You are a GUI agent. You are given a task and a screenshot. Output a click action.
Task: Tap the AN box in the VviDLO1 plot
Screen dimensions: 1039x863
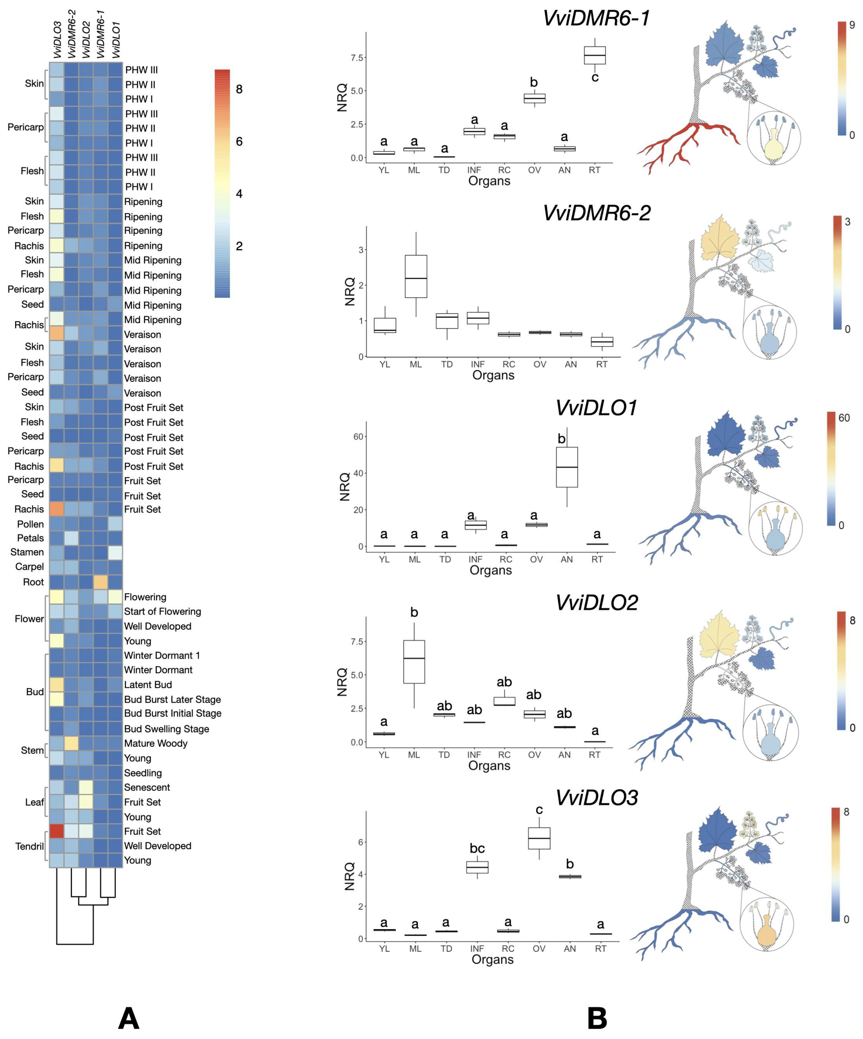[x=567, y=467]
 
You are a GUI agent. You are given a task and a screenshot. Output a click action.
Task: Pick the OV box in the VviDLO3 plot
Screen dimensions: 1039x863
[x=539, y=838]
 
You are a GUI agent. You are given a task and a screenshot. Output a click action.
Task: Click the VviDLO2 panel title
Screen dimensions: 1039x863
[x=596, y=603]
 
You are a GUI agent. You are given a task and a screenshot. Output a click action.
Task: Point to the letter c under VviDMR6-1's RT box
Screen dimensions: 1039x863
[x=595, y=78]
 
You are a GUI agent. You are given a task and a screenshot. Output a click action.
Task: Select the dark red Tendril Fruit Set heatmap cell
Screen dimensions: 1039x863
[x=57, y=831]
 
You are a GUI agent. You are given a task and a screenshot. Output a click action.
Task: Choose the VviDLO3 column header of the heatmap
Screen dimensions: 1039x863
[x=57, y=40]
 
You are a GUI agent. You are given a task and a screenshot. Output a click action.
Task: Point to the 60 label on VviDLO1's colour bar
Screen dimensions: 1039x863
[x=844, y=418]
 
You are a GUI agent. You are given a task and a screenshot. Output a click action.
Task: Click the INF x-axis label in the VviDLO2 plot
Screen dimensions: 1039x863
[x=474, y=754]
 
